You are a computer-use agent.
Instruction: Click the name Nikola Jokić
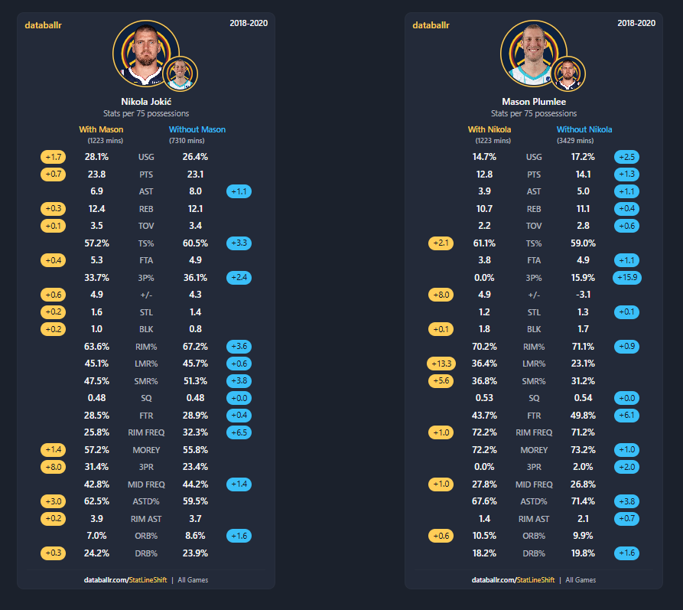tap(146, 102)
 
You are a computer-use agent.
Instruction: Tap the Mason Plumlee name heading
tap(534, 102)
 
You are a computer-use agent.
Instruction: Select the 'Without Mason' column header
tap(197, 129)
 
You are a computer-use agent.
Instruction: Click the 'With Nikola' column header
tap(489, 129)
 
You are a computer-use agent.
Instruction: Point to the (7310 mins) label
tap(187, 140)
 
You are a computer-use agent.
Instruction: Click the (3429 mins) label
tap(575, 140)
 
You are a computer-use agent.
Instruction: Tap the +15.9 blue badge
tap(627, 277)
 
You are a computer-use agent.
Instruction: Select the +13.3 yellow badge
tap(441, 364)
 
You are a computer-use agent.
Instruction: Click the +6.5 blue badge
tap(239, 432)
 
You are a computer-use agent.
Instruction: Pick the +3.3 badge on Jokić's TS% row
tap(239, 243)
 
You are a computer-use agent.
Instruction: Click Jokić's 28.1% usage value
tap(96, 157)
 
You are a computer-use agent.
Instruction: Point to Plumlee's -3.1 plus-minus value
tap(583, 295)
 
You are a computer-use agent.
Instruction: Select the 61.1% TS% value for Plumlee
tap(484, 243)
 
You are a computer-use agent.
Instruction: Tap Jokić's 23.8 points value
tap(96, 175)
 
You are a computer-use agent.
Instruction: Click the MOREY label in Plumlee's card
tap(534, 450)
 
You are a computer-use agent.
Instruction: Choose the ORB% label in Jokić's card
tap(146, 536)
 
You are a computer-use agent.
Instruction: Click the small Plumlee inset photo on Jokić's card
tap(181, 73)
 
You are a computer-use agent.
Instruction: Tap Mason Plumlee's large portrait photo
tap(534, 54)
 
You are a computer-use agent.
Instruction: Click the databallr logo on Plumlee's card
tap(431, 25)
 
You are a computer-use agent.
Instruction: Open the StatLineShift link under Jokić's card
tap(148, 580)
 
